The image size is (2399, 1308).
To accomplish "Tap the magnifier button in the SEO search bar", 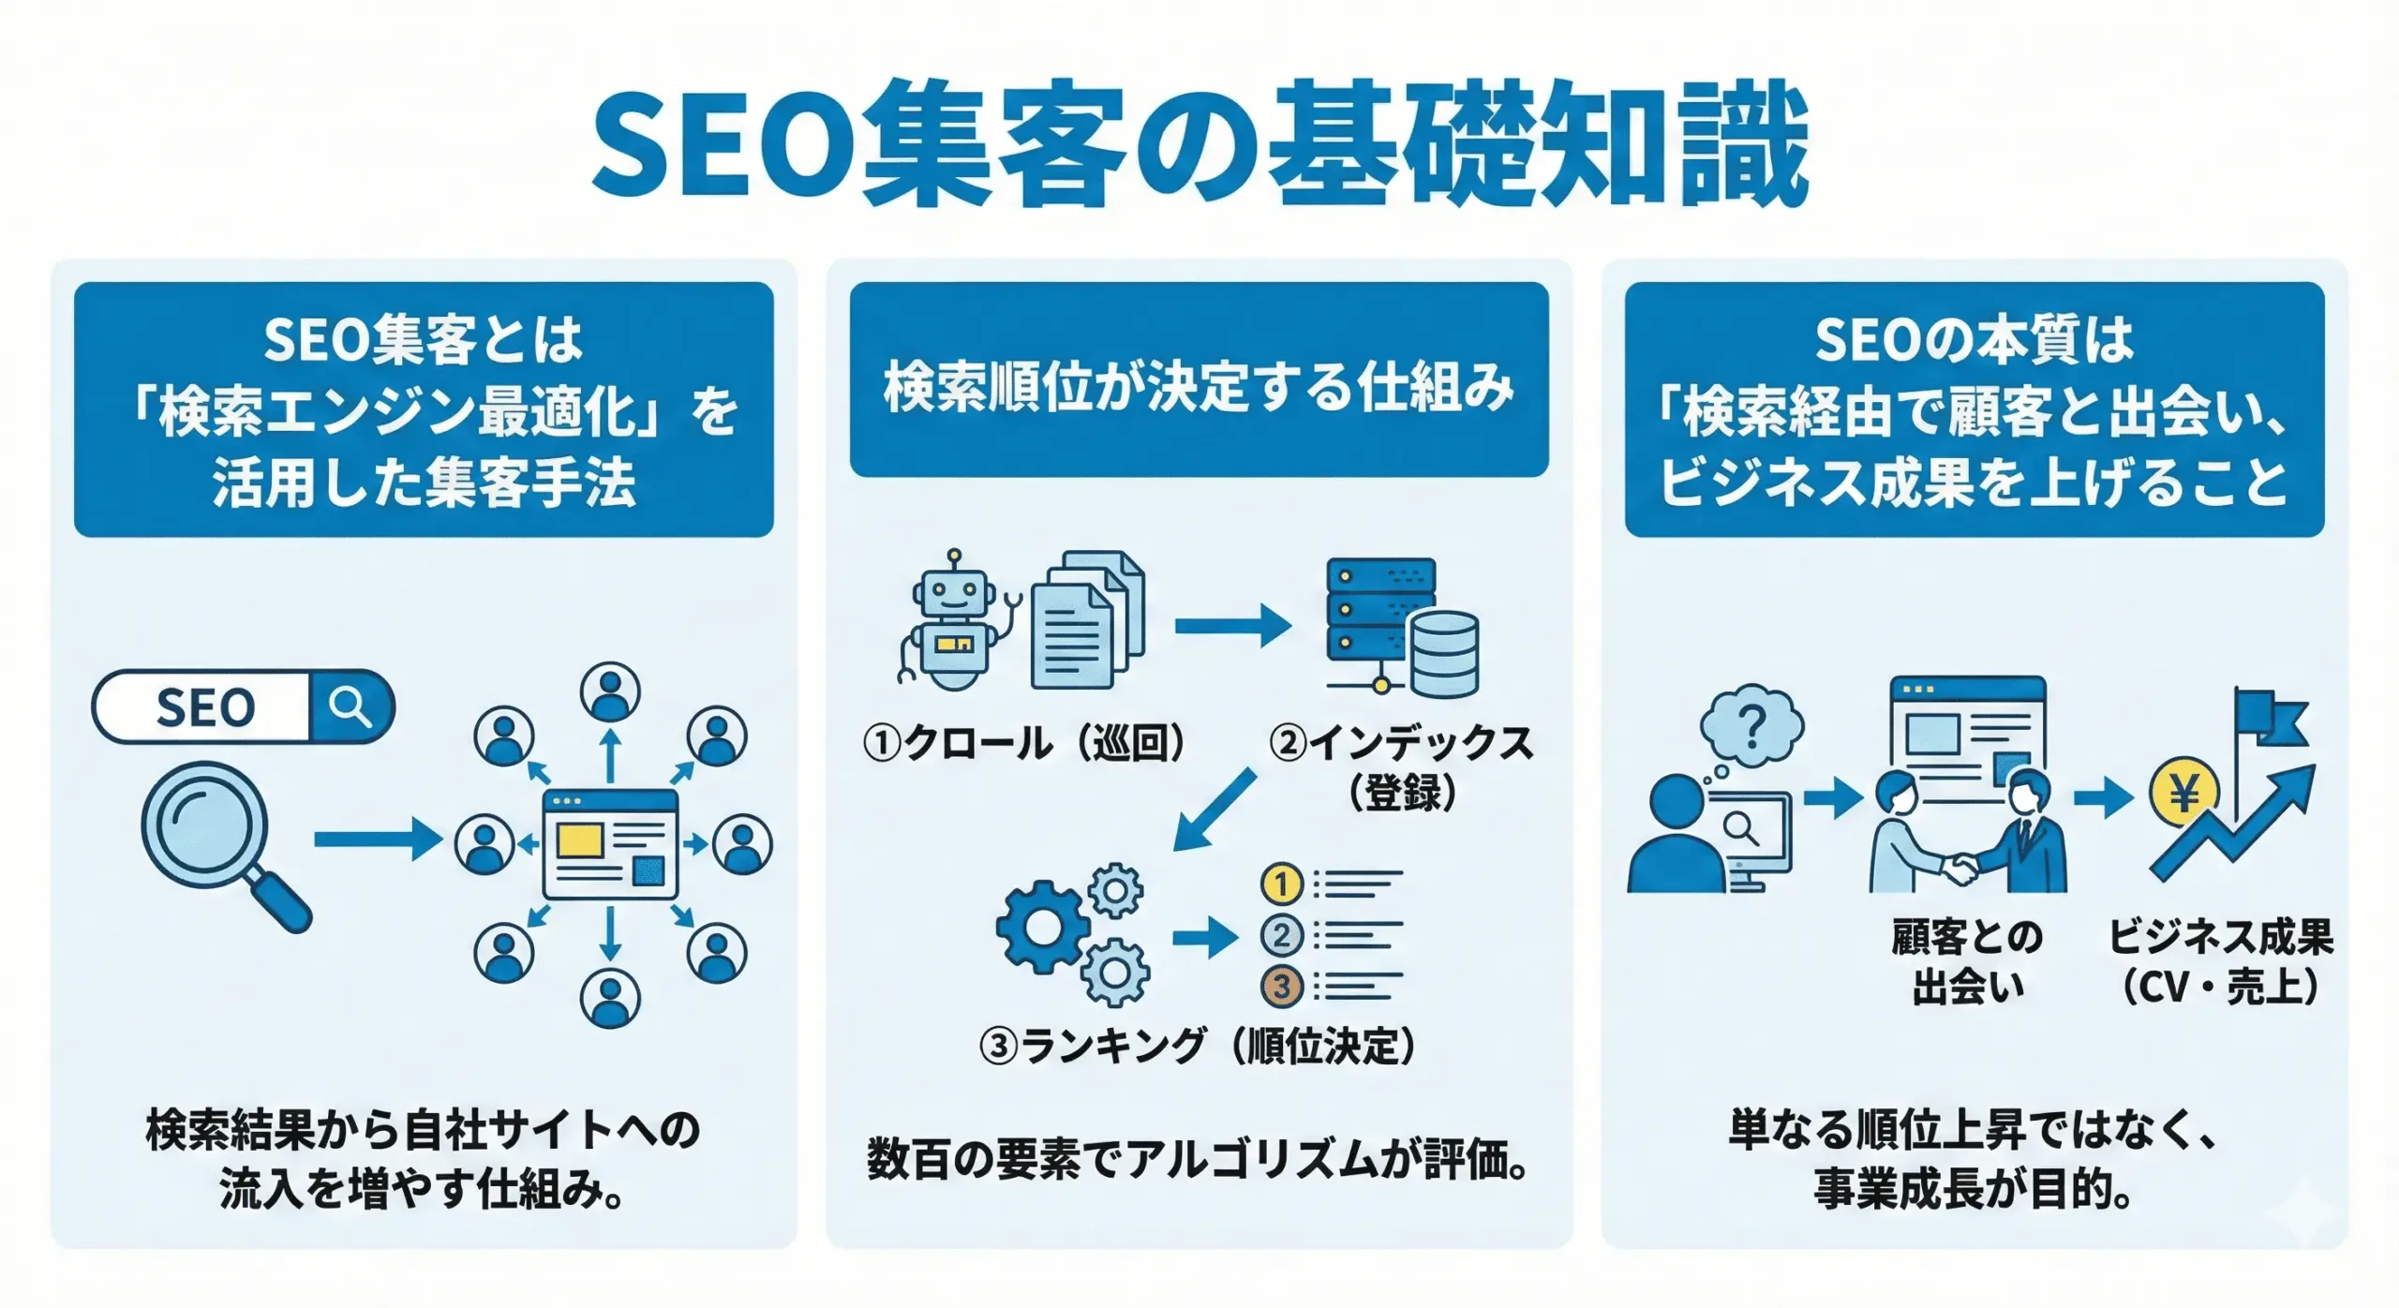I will tap(350, 706).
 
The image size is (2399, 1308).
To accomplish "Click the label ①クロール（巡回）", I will tap(1024, 744).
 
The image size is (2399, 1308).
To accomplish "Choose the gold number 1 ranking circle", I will tap(1282, 884).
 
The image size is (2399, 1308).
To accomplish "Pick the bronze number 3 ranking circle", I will tap(1282, 986).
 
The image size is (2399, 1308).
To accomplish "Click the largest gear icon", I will tap(1043, 927).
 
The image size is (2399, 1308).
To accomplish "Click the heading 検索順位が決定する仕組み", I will tap(1199, 386).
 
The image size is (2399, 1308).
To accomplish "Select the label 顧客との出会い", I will tap(1966, 961).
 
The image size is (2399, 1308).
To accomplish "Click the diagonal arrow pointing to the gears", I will tap(1214, 810).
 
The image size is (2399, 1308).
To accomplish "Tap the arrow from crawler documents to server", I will tap(1231, 626).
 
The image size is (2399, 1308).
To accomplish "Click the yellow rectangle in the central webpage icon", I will tap(579, 840).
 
